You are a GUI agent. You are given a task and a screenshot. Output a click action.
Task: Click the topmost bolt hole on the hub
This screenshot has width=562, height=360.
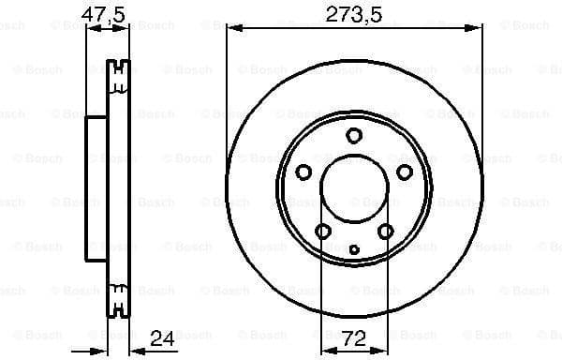tap(353, 136)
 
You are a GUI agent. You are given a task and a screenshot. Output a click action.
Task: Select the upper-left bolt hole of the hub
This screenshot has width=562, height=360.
tap(303, 172)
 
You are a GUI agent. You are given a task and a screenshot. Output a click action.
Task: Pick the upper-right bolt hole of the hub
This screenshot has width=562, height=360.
tap(404, 172)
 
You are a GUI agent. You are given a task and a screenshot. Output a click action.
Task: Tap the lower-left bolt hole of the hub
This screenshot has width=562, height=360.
tap(322, 231)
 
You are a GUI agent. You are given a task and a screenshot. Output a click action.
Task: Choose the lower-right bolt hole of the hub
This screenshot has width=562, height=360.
tap(385, 231)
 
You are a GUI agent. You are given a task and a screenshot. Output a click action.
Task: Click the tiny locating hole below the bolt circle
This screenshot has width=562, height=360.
tap(353, 248)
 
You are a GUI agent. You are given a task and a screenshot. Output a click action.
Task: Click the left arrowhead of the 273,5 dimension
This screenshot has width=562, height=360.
tap(230, 29)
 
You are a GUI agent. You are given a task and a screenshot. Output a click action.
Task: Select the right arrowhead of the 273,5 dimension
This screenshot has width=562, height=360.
tap(477, 29)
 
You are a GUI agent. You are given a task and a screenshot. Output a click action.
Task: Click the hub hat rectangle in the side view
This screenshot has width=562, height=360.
tap(97, 189)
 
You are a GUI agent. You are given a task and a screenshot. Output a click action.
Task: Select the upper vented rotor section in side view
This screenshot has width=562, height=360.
tap(118, 77)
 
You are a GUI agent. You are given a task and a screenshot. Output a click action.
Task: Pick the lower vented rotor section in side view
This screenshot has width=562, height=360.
tap(118, 302)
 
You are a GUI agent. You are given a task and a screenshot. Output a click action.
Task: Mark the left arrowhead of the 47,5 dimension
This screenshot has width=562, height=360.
tap(91, 29)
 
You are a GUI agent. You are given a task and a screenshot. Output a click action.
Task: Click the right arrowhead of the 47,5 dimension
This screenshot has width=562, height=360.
tap(124, 29)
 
